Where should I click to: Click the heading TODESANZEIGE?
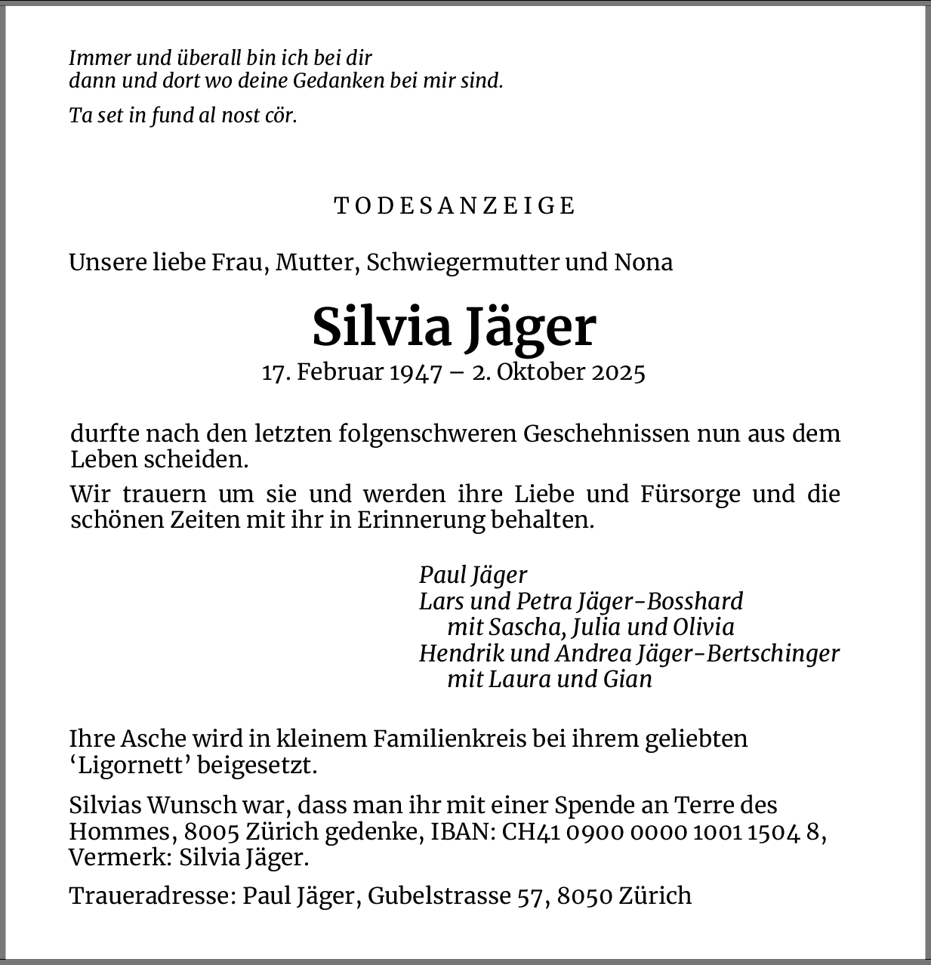pyautogui.click(x=455, y=205)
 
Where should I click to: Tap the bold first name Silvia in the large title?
pyautogui.click(x=381, y=327)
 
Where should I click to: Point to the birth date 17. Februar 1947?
pyautogui.click(x=351, y=372)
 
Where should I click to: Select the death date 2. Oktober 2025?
pyautogui.click(x=559, y=372)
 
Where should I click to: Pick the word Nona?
pyautogui.click(x=643, y=262)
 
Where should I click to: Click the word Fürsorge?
pyautogui.click(x=689, y=494)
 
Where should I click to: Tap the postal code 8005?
pyautogui.click(x=212, y=831)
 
